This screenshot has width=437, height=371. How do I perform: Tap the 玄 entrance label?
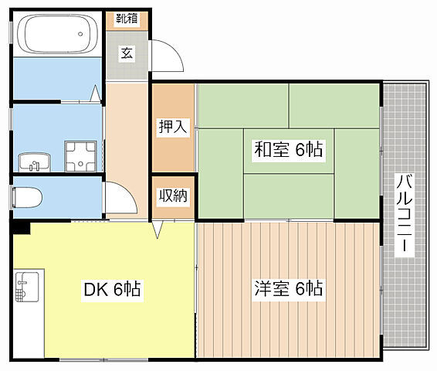tap(125, 53)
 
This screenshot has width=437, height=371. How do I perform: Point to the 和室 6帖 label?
tap(289, 151)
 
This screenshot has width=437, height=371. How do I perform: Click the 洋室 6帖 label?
tap(288, 290)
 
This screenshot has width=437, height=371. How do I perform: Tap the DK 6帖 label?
tap(111, 290)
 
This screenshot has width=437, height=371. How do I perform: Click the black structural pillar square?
tap(20, 226)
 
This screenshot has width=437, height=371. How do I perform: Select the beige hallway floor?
tap(127, 139)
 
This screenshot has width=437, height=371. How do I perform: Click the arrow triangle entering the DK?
tap(158, 229)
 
